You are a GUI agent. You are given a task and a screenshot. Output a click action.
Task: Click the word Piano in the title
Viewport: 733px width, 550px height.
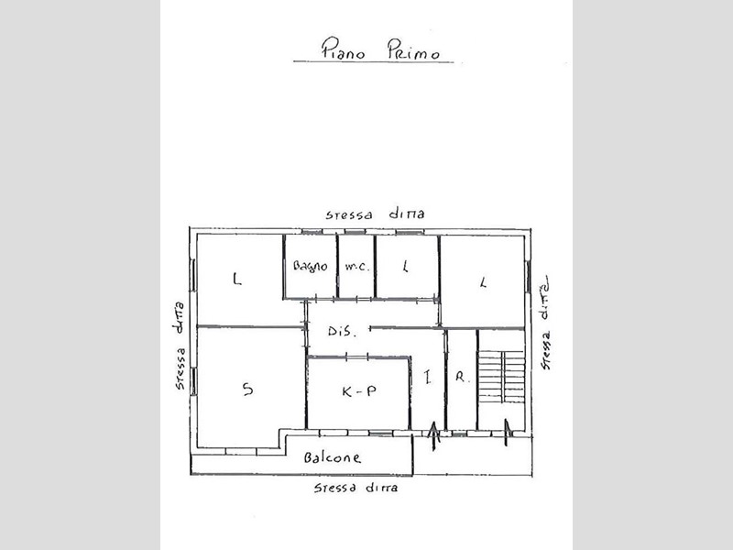(343, 49)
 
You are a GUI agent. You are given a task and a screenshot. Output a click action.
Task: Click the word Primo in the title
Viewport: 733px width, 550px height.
(413, 49)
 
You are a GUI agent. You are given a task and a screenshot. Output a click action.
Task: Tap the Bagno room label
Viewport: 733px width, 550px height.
(310, 267)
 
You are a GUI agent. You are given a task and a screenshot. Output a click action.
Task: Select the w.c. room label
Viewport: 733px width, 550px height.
(357, 267)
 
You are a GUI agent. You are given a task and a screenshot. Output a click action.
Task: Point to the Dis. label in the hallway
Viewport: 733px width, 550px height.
(342, 332)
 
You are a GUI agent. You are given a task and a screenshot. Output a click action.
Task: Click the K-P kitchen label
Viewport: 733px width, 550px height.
(359, 391)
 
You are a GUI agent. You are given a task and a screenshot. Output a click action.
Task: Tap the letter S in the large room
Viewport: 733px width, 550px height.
(247, 389)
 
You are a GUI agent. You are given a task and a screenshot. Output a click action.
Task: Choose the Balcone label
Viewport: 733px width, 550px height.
(332, 456)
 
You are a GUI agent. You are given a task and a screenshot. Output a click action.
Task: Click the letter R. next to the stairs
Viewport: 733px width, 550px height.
(461, 377)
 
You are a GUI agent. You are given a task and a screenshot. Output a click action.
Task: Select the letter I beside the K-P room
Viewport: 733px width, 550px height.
(427, 377)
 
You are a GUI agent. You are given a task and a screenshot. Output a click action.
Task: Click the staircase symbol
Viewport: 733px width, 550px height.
(500, 377)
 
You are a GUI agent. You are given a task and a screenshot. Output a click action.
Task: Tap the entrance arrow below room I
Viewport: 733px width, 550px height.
(433, 436)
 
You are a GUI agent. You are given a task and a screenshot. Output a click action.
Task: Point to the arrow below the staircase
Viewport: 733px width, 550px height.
(507, 432)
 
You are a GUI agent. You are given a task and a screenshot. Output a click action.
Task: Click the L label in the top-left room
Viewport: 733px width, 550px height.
(237, 280)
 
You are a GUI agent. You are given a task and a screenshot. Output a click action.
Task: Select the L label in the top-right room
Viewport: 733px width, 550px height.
(484, 282)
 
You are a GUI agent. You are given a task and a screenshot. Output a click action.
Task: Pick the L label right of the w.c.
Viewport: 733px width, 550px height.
(406, 266)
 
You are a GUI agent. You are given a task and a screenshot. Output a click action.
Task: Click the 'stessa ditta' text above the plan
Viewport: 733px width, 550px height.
(375, 214)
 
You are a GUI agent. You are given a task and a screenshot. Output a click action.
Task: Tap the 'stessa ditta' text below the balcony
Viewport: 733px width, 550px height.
(356, 488)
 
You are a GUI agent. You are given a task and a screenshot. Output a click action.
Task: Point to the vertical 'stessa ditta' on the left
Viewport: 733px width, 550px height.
(179, 346)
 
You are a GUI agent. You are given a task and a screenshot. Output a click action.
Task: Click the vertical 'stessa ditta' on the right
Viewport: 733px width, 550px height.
(544, 324)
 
